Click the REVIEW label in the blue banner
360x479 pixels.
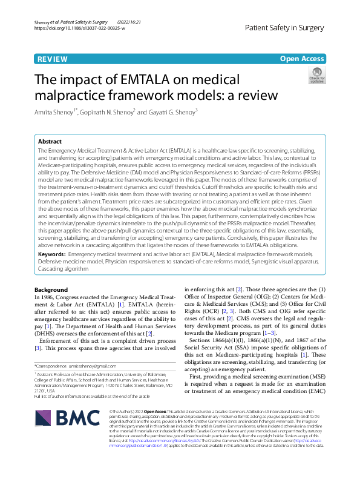pyautogui.click(x=52, y=59)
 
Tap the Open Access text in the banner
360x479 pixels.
pyautogui.click(x=301, y=59)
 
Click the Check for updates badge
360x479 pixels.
pyautogui.click(x=316, y=77)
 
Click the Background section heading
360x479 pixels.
pyautogui.click(x=51, y=290)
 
